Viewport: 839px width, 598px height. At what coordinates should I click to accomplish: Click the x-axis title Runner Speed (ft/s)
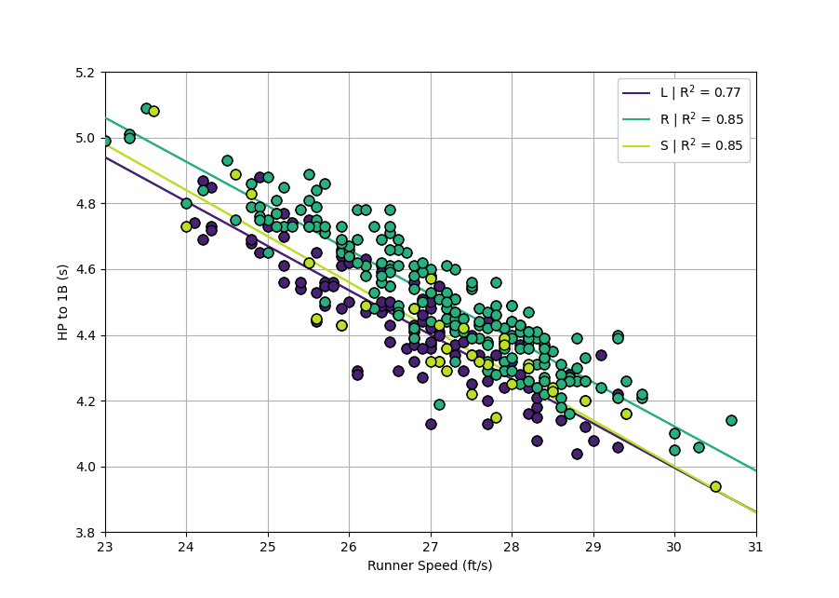point(430,565)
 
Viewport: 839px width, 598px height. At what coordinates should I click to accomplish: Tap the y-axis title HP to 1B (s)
point(63,302)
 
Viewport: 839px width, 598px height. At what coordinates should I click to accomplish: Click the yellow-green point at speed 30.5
point(715,486)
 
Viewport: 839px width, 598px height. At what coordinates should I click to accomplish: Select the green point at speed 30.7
point(731,420)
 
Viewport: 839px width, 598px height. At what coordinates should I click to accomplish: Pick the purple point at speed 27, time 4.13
point(431,424)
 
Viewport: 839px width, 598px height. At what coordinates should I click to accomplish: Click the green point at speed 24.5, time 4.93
point(227,161)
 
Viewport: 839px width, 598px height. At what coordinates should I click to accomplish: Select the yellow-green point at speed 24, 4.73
point(186,226)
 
